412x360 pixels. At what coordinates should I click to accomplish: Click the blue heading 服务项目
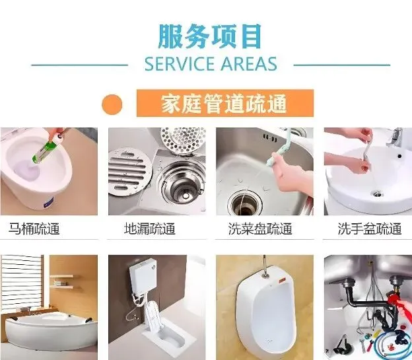(x=210, y=36)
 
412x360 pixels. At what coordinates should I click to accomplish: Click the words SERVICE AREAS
(x=211, y=64)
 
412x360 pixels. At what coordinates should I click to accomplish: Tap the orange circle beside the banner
(x=112, y=104)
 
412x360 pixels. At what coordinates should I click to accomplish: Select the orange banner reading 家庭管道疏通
(x=225, y=103)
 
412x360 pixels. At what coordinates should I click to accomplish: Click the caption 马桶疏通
(x=34, y=229)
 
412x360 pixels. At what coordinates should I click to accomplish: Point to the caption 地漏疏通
(x=150, y=229)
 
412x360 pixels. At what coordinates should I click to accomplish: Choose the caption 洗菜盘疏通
(x=260, y=229)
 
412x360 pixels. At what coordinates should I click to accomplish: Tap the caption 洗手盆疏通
(x=370, y=229)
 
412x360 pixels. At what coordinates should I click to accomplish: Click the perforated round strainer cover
(x=182, y=138)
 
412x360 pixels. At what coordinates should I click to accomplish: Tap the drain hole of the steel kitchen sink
(x=245, y=203)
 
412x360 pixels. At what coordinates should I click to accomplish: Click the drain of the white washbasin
(x=377, y=194)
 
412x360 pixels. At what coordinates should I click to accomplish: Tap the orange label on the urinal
(x=283, y=280)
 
